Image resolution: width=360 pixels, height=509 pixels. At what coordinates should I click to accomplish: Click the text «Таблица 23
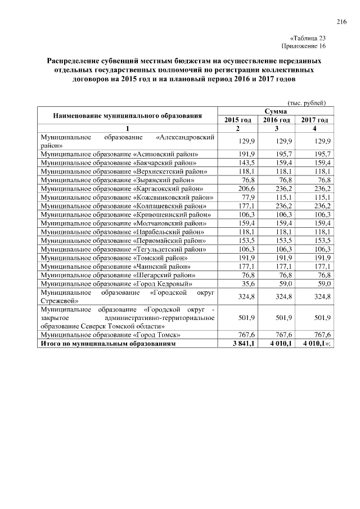tap(308, 38)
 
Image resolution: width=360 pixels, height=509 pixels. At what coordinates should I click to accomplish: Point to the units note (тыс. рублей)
tap(307, 103)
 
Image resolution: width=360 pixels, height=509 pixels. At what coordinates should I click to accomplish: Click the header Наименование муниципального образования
tap(127, 116)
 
